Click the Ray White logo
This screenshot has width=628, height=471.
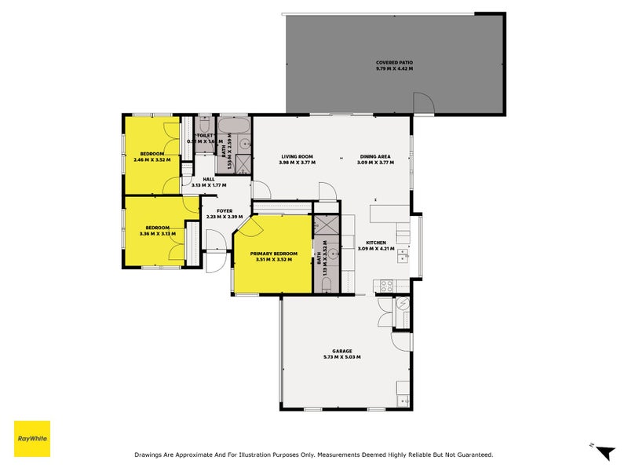[32, 439]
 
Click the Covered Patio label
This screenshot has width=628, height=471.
[394, 63]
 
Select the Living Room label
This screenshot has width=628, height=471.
[298, 156]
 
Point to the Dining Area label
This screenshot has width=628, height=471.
[375, 156]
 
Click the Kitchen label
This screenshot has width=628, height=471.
[375, 243]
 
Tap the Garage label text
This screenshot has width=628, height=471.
[341, 351]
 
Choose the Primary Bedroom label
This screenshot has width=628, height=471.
[274, 254]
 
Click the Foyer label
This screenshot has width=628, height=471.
[225, 210]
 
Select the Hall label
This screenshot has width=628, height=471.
[209, 179]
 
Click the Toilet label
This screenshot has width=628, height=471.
[204, 135]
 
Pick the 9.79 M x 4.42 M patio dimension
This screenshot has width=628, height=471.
[394, 69]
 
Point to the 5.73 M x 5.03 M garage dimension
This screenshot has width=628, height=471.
[341, 357]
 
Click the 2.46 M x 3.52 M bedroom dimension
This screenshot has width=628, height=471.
[152, 159]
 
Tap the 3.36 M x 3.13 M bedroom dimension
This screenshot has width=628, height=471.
[158, 233]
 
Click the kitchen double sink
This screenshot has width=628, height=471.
[403, 255]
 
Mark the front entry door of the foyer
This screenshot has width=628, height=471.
[213, 261]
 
